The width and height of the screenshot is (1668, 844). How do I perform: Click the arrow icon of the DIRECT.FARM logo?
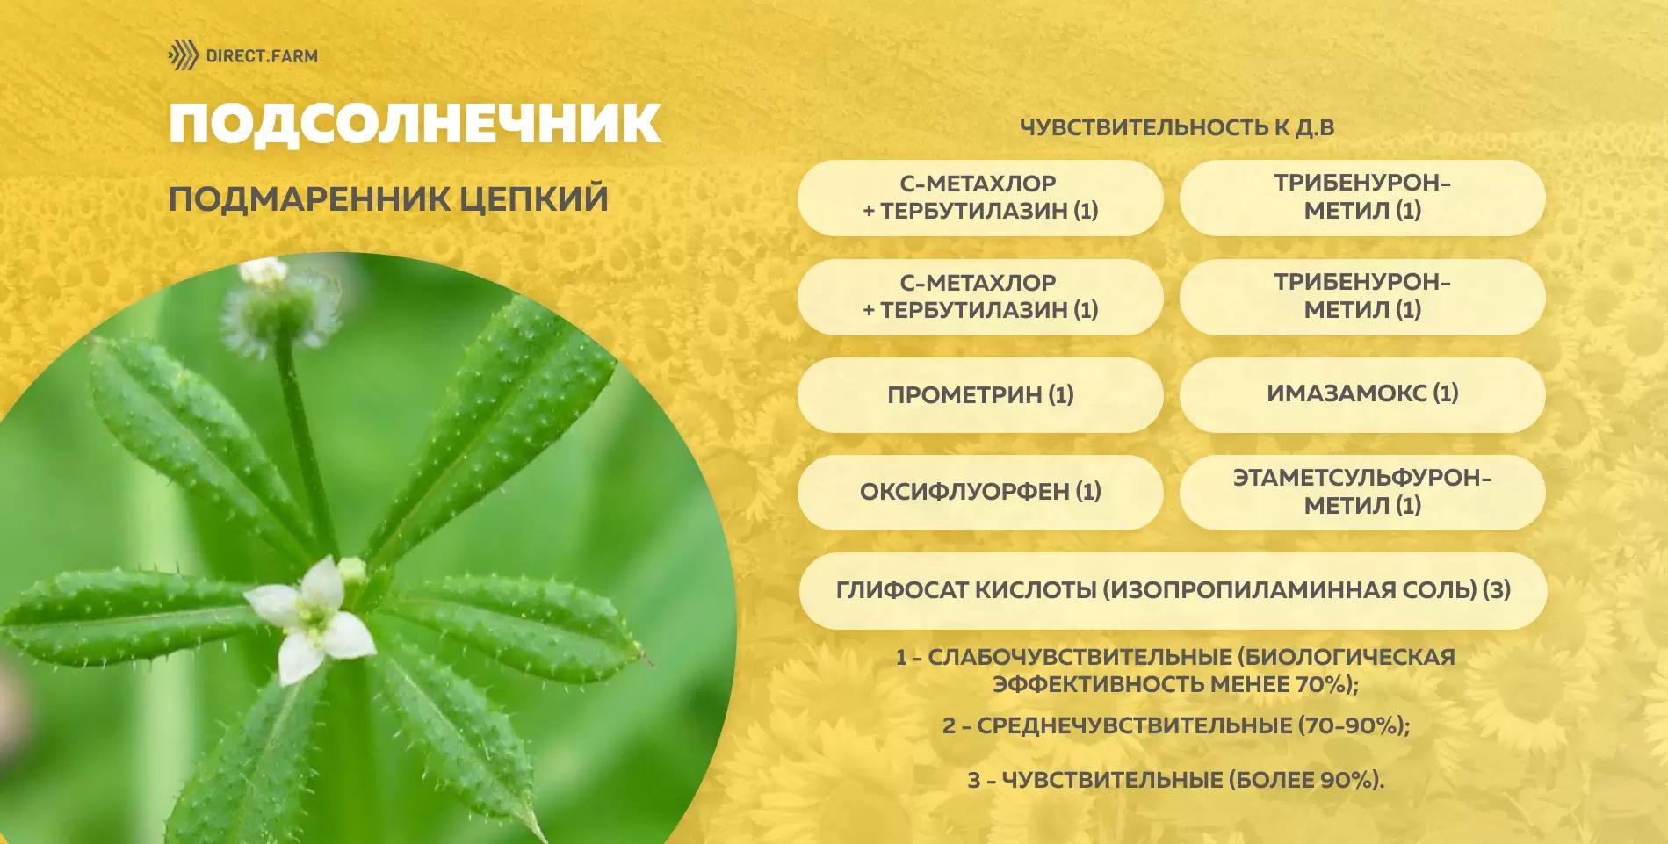click(184, 55)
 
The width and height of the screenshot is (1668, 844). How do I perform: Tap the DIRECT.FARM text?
click(262, 56)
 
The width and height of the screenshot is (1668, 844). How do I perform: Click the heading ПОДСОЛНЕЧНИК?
click(415, 123)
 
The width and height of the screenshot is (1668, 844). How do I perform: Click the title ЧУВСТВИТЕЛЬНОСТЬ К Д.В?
click(1176, 127)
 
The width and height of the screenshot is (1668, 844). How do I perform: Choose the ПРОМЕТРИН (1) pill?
click(980, 394)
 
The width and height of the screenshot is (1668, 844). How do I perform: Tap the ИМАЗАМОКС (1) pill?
click(1362, 393)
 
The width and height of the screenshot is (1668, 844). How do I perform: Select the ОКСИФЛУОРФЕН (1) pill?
click(980, 492)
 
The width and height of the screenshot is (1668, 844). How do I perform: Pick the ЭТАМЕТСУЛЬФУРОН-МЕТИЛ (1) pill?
click(1362, 492)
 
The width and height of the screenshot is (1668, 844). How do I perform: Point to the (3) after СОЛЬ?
click(1497, 590)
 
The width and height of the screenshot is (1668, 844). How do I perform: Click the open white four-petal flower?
click(310, 620)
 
